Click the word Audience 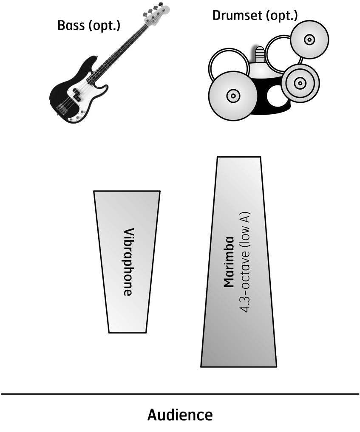[x=180, y=415]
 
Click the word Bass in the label [x=70, y=25]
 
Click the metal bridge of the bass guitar [x=62, y=109]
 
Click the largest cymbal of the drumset [x=232, y=96]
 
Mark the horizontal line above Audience [x=180, y=394]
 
